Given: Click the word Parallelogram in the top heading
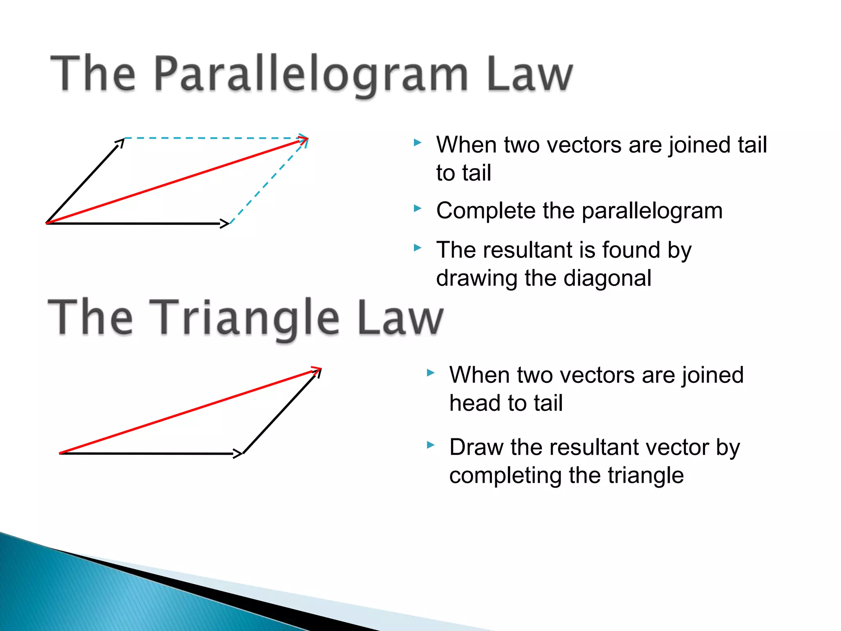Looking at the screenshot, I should click(311, 74).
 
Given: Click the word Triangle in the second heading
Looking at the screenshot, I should click(244, 317).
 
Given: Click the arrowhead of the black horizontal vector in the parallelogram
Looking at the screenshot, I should click(225, 223).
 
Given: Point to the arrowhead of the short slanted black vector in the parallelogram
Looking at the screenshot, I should click(120, 143).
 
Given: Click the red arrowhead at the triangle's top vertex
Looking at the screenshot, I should click(316, 369).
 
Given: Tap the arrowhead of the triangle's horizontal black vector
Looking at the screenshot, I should click(238, 454).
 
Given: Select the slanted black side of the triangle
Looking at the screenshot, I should click(281, 412).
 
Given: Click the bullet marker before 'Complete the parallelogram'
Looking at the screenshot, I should click(418, 209).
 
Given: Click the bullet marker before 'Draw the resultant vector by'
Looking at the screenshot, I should click(430, 445).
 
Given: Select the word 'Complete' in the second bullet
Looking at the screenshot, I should click(485, 211).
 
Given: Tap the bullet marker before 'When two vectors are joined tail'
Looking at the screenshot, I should click(418, 143).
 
